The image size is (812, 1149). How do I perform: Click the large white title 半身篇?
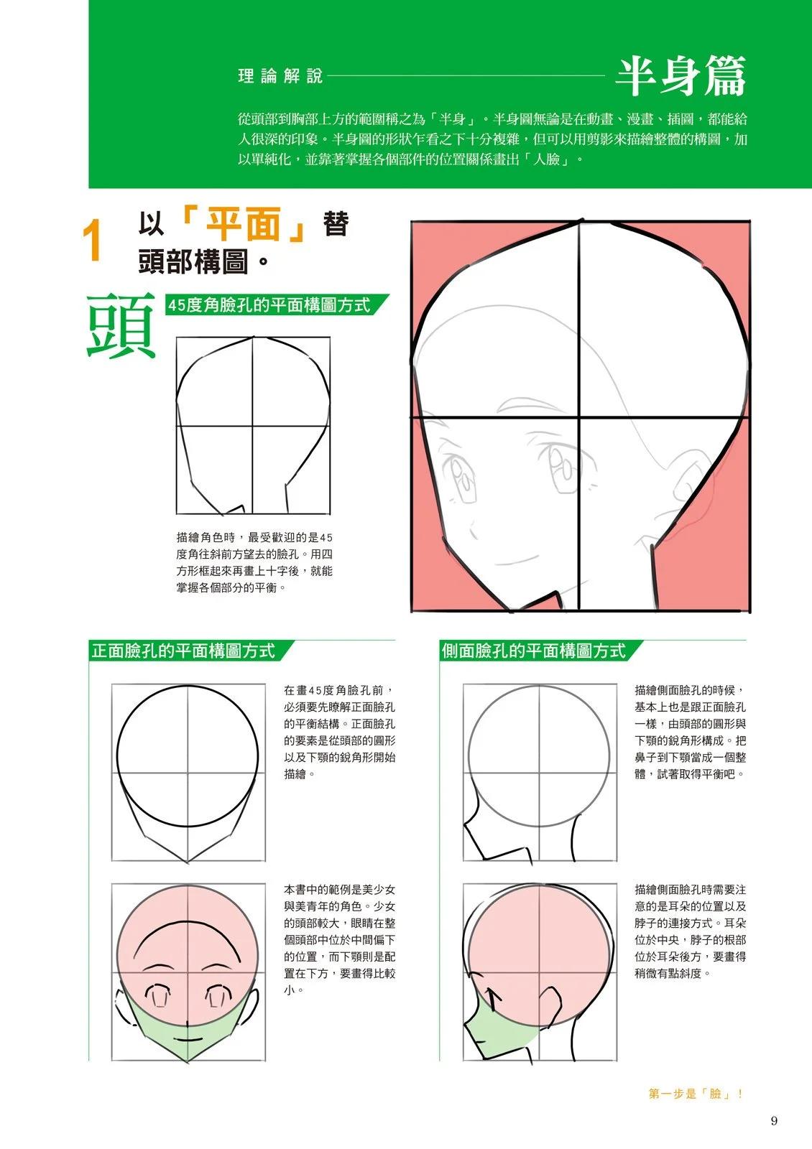[680, 77]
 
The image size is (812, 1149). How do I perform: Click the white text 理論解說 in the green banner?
[280, 77]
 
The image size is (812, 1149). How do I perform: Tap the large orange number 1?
[93, 240]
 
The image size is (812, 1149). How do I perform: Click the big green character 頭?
[121, 326]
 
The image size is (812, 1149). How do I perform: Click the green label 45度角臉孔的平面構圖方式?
[269, 305]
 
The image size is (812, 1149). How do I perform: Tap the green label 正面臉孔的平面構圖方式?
[183, 651]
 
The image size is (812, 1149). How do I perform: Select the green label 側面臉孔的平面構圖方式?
[534, 651]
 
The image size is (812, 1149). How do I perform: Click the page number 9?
[774, 1121]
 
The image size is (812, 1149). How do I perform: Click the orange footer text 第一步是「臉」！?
[696, 1094]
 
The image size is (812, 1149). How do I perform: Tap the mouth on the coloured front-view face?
[188, 1039]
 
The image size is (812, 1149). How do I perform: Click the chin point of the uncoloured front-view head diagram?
[188, 862]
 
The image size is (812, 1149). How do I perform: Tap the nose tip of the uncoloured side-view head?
[464, 824]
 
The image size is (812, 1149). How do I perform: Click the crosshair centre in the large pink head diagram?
[579, 417]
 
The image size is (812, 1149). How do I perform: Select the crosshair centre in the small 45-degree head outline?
[252, 425]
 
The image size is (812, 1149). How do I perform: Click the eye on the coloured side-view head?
[494, 995]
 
